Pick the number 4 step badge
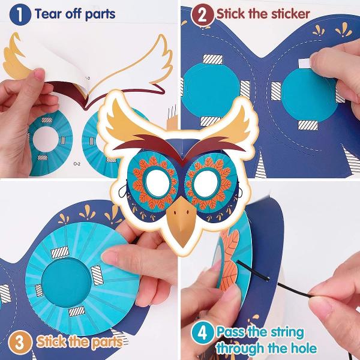click(202, 332)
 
